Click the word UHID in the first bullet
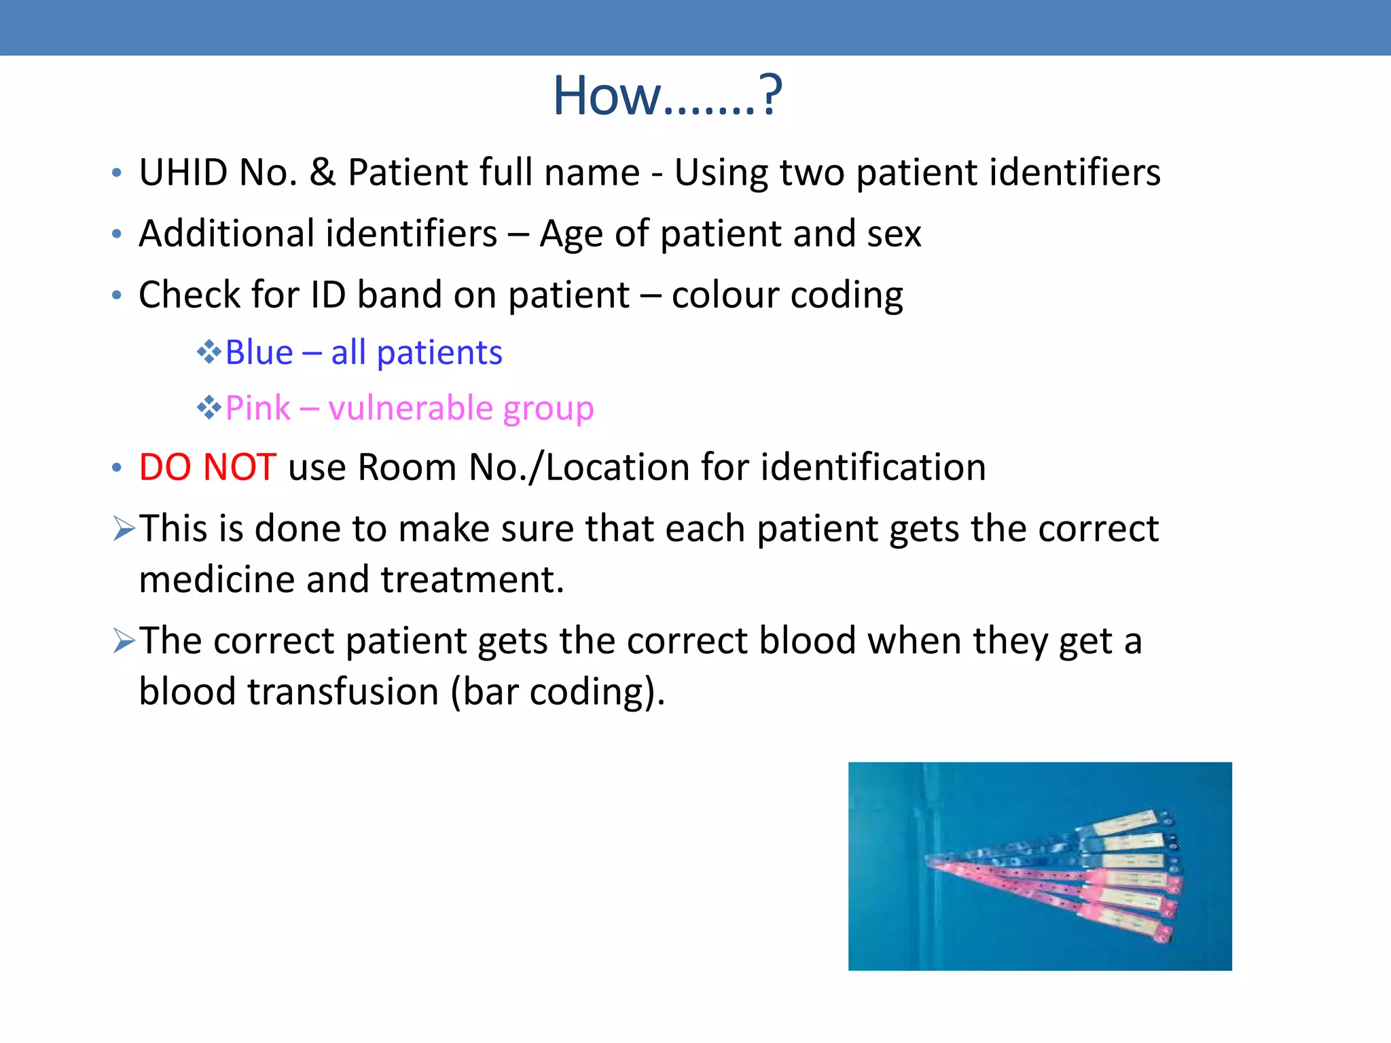[x=183, y=172]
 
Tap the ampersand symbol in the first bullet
[x=323, y=172]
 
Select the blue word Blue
[x=259, y=352]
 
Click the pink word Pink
[x=257, y=408]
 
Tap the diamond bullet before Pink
[x=209, y=408]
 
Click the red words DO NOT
[x=207, y=467]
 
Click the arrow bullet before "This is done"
[x=125, y=528]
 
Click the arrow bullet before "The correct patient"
[x=125, y=640]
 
